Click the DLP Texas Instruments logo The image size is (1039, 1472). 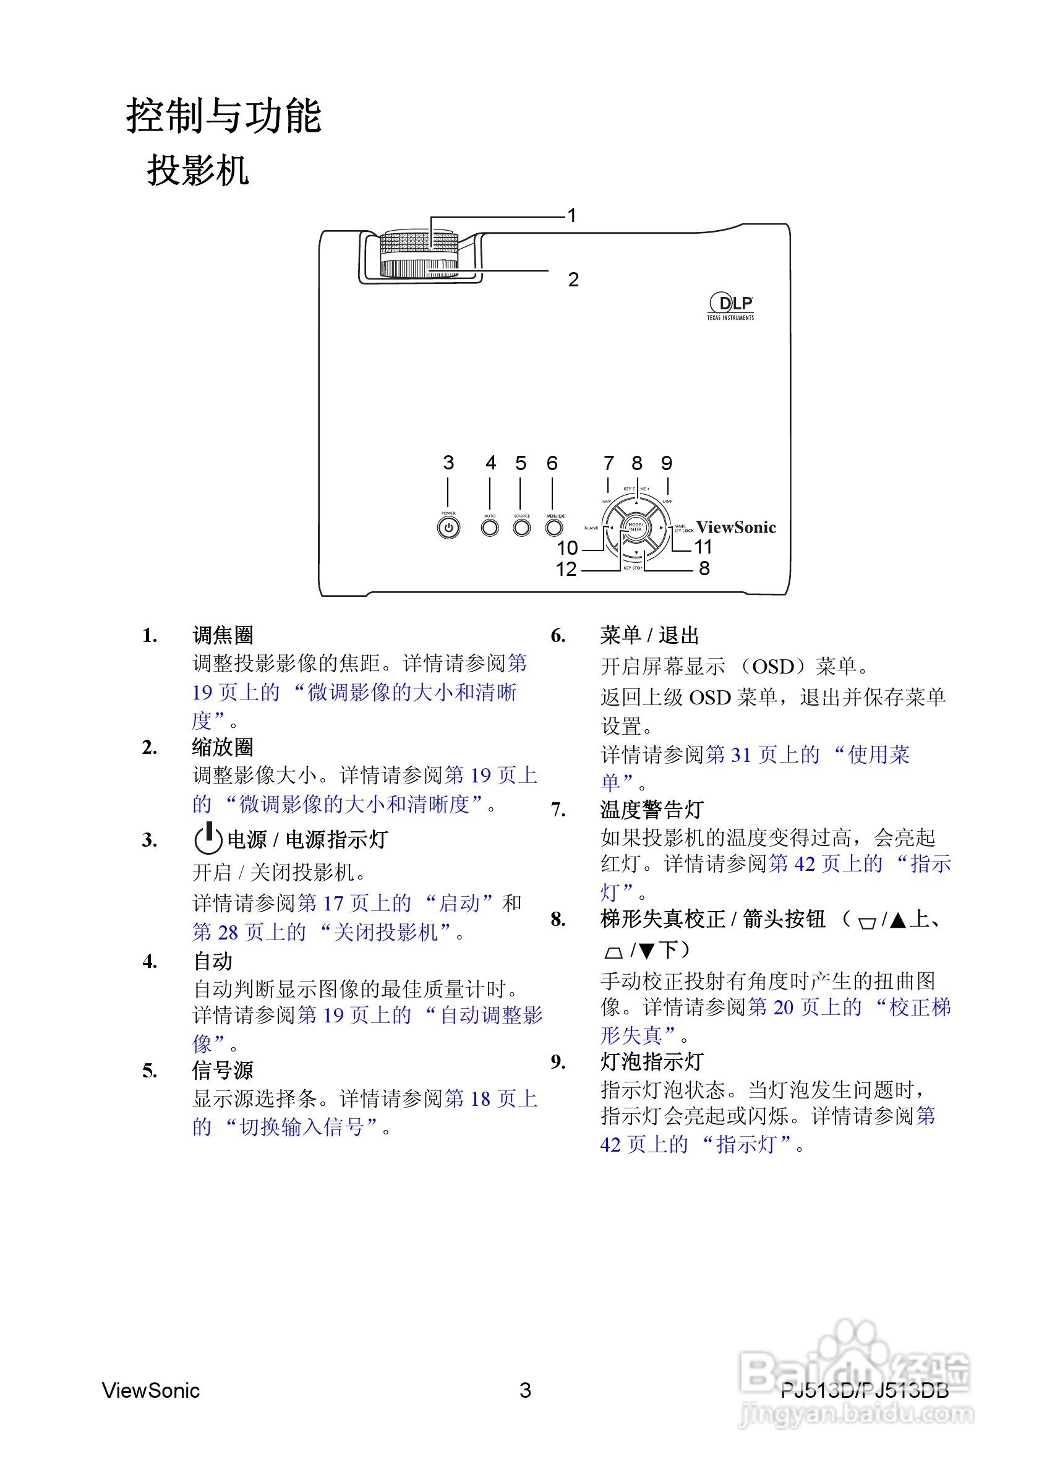point(730,306)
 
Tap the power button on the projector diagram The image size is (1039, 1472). point(448,528)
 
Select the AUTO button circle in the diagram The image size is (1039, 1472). point(490,528)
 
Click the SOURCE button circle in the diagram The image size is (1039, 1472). point(522,528)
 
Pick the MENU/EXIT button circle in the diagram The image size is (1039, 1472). point(554,528)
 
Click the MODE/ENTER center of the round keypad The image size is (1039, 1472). point(635,528)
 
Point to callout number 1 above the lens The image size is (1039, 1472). point(571,215)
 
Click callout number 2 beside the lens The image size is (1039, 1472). point(573,280)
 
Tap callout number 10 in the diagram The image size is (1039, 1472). point(567,547)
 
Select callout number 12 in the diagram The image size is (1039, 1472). point(566,568)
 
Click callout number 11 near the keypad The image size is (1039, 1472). point(703,547)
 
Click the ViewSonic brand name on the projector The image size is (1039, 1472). point(736,528)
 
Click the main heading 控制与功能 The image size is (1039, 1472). point(223,116)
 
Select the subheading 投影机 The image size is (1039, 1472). point(197,171)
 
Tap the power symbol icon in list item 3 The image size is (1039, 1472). point(208,838)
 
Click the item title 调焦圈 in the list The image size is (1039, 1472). point(223,635)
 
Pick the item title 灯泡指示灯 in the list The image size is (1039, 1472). point(651,1062)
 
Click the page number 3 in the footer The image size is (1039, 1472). point(525,1390)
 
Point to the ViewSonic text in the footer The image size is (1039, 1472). point(151,1390)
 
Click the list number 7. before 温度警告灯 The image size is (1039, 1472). point(558,810)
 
